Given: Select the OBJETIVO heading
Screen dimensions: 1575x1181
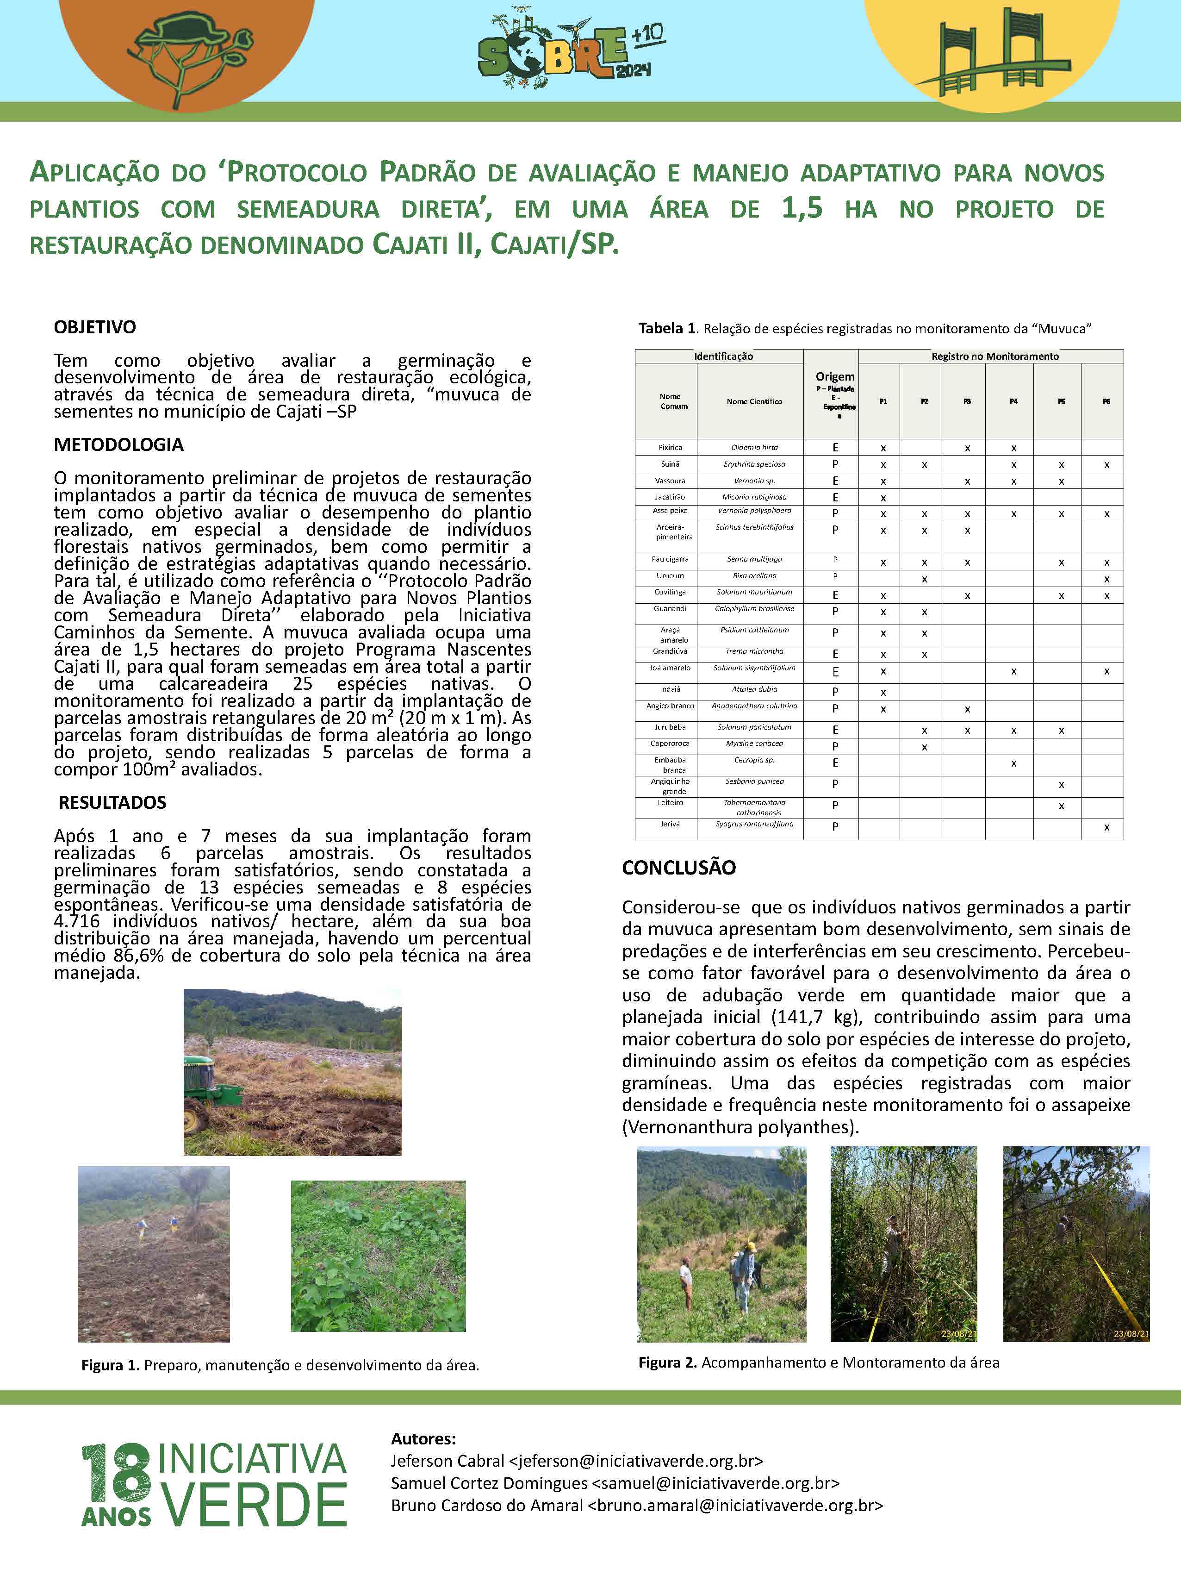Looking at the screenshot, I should [95, 327].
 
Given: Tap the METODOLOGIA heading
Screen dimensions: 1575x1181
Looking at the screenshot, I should [118, 445].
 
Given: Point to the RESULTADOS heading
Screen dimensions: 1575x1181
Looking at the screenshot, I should [112, 802].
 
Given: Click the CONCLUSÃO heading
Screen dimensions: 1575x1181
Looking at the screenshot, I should [678, 867].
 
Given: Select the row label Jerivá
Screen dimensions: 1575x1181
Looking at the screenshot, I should [670, 824].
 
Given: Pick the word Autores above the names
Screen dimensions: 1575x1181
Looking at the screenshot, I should [423, 1439].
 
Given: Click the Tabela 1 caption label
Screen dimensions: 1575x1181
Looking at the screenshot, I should [668, 328].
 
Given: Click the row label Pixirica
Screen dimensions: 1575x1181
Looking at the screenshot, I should [670, 448].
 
